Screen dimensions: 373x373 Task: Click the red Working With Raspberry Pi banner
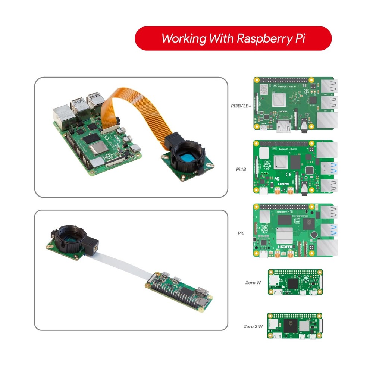233,38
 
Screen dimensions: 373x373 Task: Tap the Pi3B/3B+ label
241,106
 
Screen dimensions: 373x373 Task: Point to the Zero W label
253,283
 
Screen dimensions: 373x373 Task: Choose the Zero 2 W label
253,326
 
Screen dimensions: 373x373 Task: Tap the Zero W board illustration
295,283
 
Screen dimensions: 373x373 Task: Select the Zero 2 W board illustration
295,326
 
